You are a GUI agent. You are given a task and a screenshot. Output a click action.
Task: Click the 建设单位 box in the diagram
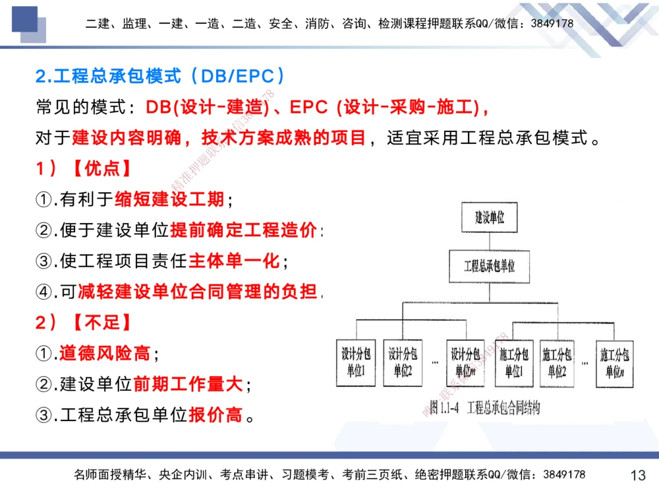[x=490, y=218]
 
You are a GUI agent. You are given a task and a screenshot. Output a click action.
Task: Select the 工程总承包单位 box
[x=490, y=267]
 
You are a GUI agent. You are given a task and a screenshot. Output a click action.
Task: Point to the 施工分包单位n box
[x=616, y=362]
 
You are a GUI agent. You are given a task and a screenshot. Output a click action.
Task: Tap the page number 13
[x=638, y=475]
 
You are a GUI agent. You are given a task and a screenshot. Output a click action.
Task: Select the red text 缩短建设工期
[x=170, y=198]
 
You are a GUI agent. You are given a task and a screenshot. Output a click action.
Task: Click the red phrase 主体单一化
[x=235, y=261]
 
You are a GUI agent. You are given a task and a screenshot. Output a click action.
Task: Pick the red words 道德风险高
[x=105, y=354]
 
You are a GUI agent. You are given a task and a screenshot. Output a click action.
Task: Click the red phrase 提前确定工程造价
[x=244, y=230]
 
